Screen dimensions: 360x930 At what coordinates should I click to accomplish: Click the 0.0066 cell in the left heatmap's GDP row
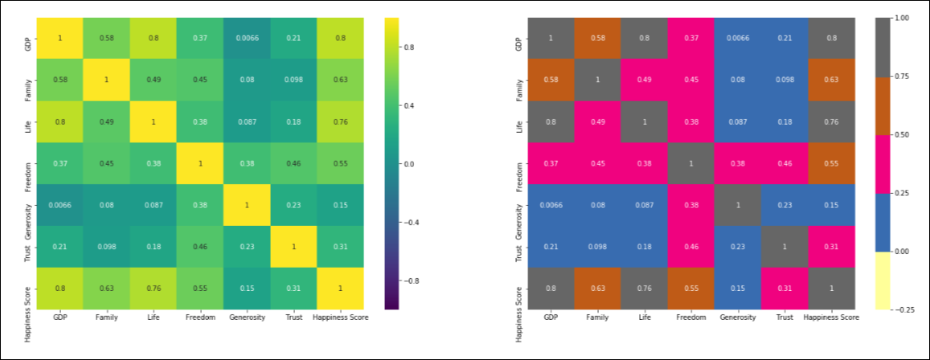click(246, 39)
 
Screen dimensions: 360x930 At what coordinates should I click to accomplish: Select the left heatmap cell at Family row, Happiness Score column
click(339, 80)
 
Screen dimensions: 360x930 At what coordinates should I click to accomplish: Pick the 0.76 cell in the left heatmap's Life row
click(339, 122)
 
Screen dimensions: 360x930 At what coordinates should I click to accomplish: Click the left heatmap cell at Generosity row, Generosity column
click(246, 205)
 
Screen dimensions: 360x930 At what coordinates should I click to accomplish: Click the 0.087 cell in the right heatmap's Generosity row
click(644, 205)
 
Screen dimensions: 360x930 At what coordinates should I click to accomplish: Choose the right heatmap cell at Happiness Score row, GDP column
click(550, 288)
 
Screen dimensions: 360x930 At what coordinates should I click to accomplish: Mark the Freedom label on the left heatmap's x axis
click(199, 317)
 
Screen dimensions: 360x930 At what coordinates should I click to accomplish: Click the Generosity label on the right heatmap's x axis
click(738, 317)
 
